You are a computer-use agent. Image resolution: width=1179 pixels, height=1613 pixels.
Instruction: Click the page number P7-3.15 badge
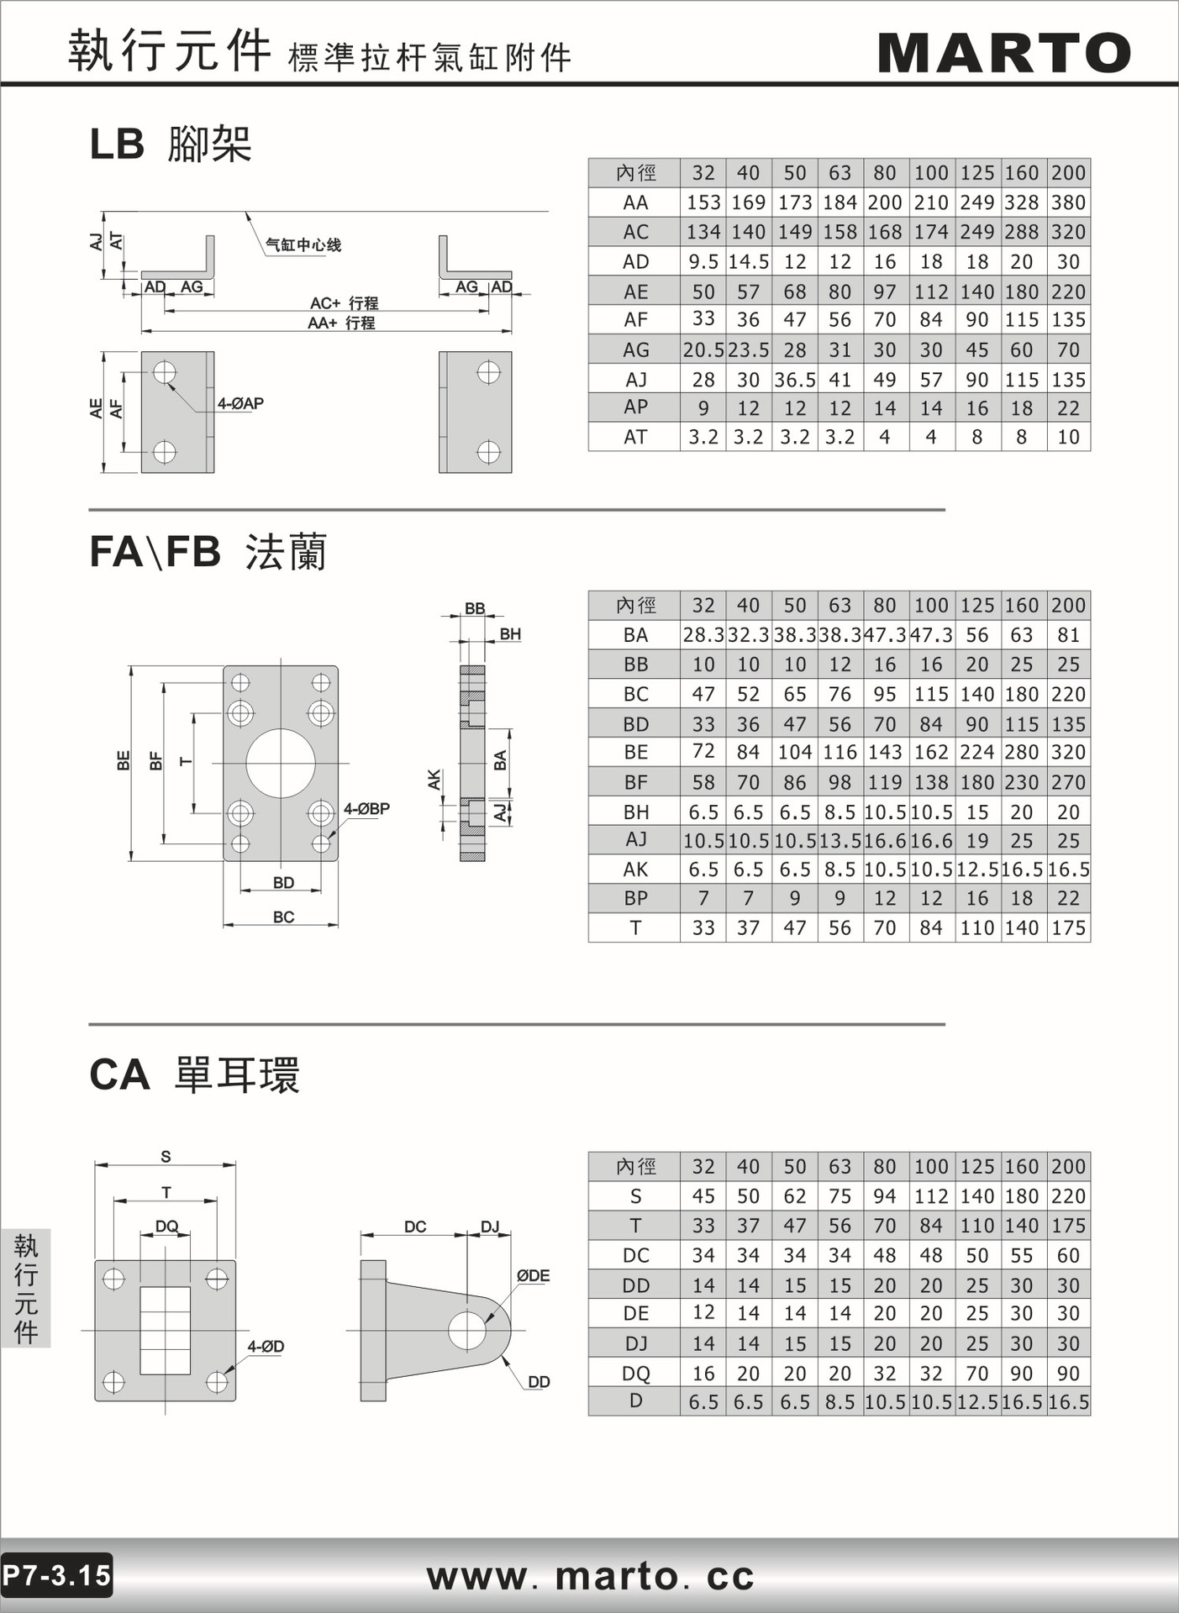56,1574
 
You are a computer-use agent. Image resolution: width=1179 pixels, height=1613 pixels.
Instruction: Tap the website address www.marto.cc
590,1575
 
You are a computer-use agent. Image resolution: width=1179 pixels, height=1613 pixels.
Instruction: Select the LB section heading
171,144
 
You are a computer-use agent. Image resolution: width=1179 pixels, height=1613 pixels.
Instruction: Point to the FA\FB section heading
208,552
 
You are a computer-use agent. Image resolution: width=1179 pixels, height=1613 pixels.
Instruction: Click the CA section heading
194,1074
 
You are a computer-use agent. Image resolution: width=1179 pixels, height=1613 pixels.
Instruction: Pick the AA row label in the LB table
635,202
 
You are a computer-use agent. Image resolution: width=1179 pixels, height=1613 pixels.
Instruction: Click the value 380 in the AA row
1068,202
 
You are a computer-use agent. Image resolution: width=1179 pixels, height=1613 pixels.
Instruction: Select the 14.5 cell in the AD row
748,261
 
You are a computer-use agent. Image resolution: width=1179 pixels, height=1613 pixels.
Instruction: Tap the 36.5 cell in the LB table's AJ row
794,380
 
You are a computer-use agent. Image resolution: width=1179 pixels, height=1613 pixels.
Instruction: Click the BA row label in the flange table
635,635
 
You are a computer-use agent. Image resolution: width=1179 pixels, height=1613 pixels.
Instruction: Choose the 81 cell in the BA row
1068,635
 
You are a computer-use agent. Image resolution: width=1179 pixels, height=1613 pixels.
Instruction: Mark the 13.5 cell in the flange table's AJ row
840,840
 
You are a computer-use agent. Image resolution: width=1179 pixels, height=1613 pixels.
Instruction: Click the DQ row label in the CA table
635,1374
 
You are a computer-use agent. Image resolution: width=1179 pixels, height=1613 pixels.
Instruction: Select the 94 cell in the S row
884,1196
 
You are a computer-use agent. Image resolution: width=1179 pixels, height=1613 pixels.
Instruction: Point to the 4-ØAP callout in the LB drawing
240,403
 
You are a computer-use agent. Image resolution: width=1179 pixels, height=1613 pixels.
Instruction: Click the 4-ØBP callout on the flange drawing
366,809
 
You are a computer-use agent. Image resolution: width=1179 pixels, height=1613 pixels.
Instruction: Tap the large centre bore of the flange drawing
281,764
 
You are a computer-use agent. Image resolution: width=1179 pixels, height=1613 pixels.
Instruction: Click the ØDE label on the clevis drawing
533,1275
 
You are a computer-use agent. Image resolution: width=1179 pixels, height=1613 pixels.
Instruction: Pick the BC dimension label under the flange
283,917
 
